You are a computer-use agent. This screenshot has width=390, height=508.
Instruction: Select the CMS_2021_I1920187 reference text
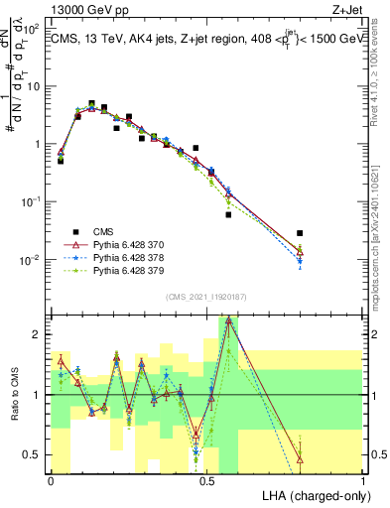[x=205, y=298]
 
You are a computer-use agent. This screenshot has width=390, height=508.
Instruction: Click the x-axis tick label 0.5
[x=206, y=480]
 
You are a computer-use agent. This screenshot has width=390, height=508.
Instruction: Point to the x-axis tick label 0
[x=52, y=480]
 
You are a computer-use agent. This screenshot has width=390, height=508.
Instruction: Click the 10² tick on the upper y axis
[x=33, y=29]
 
